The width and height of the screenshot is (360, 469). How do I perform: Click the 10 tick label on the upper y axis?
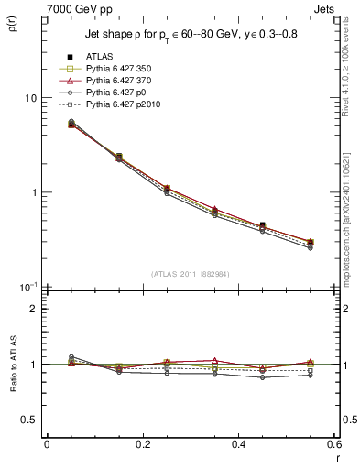point(31,98)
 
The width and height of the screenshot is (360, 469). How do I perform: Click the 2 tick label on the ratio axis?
point(34,310)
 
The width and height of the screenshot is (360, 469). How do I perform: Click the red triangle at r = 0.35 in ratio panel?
point(214,361)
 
